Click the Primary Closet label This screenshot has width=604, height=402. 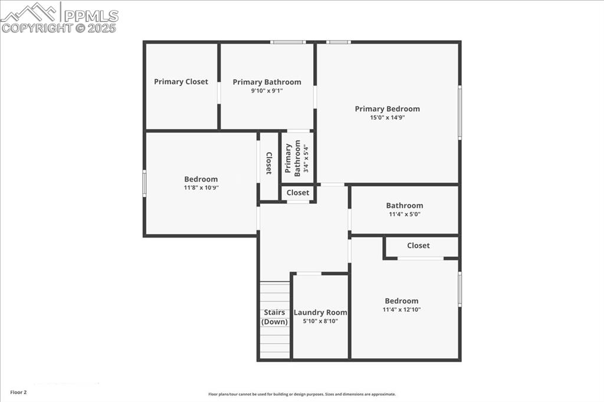click(181, 82)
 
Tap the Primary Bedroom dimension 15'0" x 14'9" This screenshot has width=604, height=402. click(387, 117)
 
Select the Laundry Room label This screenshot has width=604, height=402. click(320, 312)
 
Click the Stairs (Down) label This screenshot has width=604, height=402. click(274, 317)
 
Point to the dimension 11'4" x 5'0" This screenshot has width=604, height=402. click(404, 215)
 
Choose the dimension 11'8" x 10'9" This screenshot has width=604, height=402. click(201, 188)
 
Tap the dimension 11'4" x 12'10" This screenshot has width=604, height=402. click(401, 309)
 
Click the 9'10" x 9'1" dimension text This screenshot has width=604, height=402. click(267, 91)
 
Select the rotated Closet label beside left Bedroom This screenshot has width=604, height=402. click(268, 163)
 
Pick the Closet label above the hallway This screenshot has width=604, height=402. click(298, 193)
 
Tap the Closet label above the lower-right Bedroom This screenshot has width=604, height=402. click(418, 245)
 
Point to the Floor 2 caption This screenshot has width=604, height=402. click(18, 392)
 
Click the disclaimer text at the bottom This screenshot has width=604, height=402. click(302, 394)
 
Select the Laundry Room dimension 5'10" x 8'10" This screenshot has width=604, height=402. click(320, 321)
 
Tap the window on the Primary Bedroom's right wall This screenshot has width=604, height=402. click(459, 112)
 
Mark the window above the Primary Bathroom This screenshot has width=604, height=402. click(288, 42)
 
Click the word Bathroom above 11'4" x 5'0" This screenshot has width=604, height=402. click(404, 206)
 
